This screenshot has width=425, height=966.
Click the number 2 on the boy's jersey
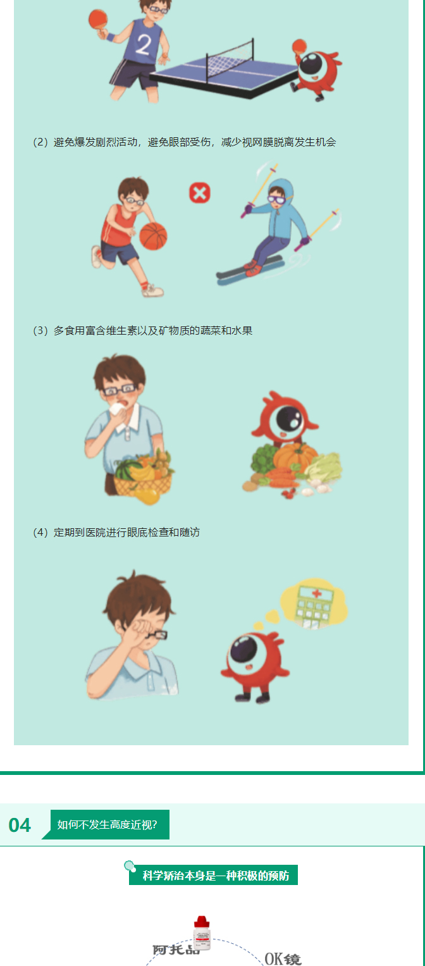tap(143, 44)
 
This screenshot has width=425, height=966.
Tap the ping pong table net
tap(230, 60)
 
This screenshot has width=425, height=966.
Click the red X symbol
tap(200, 193)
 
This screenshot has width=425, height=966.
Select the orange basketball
tap(153, 237)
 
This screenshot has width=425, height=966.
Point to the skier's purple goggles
tap(277, 200)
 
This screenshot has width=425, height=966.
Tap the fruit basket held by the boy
tap(143, 476)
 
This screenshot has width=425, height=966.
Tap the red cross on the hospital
tap(317, 594)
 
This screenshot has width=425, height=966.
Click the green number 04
tap(20, 825)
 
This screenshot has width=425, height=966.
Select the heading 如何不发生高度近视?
tap(108, 824)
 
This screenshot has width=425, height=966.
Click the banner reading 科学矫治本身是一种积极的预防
tap(213, 875)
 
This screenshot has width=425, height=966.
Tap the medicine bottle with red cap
tap(201, 932)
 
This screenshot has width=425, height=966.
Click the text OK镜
tap(283, 959)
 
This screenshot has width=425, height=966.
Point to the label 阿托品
tap(176, 949)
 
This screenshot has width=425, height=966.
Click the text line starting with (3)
tap(143, 331)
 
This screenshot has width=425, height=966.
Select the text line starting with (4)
tap(116, 532)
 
